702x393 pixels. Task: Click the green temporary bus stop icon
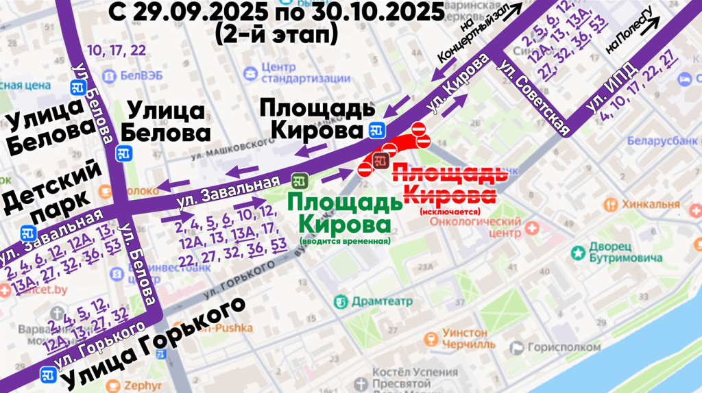coord(298,181)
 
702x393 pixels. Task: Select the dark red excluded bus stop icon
coord(381,162)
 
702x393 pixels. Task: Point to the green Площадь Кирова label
coord(342,213)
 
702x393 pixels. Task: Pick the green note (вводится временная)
coord(344,241)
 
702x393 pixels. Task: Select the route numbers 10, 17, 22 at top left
coord(117,50)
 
